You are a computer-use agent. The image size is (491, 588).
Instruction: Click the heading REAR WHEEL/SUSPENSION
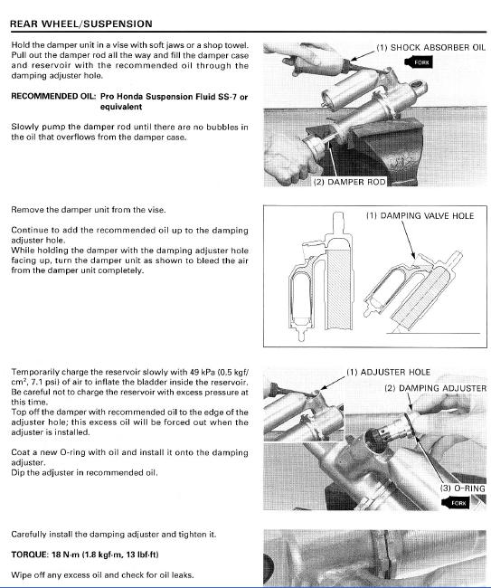(81, 24)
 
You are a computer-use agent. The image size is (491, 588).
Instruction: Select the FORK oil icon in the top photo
(419, 62)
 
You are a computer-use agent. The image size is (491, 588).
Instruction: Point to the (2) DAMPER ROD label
(349, 182)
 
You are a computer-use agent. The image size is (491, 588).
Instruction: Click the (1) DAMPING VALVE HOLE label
(420, 215)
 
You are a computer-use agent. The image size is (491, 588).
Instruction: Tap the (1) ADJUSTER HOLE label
(388, 372)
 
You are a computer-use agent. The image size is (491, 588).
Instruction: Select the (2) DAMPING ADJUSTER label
(436, 388)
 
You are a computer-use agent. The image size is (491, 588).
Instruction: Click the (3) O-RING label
(462, 488)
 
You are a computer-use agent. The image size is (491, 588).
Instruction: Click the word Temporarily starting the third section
(35, 372)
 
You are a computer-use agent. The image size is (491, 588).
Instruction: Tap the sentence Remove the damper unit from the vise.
(89, 210)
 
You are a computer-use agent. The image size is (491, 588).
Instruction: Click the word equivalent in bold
(121, 107)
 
